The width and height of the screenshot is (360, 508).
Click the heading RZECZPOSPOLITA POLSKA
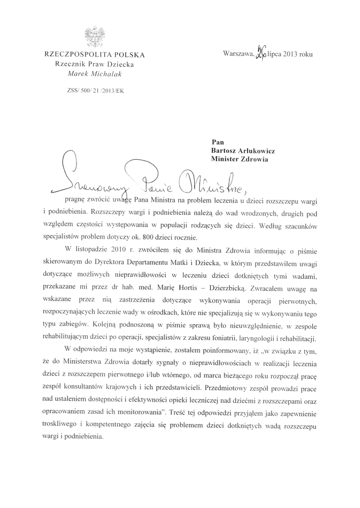[94, 55]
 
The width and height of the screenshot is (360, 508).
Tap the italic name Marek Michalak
[94, 74]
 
